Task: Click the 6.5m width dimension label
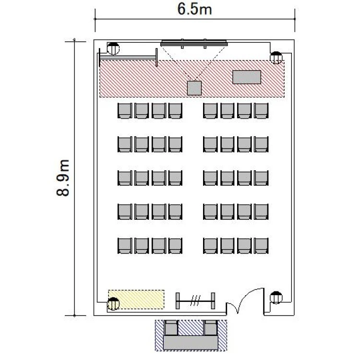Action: [x=194, y=10]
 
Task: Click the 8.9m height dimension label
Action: [x=63, y=178]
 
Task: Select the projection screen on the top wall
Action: [x=194, y=43]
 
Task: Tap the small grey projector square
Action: [x=194, y=88]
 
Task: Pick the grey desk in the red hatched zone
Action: [x=247, y=77]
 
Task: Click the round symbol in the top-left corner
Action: [x=113, y=48]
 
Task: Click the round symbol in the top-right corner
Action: [x=276, y=58]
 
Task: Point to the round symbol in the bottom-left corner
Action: [x=113, y=304]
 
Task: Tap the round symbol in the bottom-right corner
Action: [x=276, y=298]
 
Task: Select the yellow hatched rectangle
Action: [x=136, y=300]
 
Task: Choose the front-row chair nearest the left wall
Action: [x=125, y=111]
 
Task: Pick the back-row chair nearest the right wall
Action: [x=261, y=246]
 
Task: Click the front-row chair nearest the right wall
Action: [x=261, y=111]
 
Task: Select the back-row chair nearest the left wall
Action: [x=125, y=246]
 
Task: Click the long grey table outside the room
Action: [x=191, y=343]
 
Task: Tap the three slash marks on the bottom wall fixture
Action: [x=196, y=300]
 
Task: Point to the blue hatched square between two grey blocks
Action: [x=191, y=328]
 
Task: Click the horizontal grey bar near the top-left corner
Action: [x=128, y=58]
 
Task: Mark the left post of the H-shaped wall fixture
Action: [x=178, y=301]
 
